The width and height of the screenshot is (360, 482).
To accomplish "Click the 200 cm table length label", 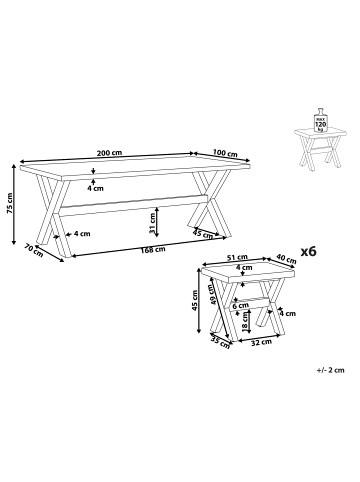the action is tap(109, 153).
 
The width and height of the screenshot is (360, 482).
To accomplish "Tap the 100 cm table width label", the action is tap(225, 153).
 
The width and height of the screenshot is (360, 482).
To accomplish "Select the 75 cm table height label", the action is tap(9, 203).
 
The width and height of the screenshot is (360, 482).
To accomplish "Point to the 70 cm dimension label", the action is tap(34, 250).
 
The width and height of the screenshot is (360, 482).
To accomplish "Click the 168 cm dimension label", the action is tap(152, 249).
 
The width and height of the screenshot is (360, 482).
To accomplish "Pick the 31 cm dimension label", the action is tap(152, 224).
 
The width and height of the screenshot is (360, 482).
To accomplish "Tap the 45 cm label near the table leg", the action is tap(203, 234).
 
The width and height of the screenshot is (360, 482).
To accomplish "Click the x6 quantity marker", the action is tap(308, 251).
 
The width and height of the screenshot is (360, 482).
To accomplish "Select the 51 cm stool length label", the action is tap(237, 257).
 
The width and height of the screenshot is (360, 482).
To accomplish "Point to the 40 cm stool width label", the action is tap(286, 259).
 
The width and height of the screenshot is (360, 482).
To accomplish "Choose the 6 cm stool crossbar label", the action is tap(241, 305).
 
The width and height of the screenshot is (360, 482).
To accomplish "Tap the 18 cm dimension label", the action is tap(245, 322).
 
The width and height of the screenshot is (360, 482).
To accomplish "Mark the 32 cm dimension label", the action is tap(261, 342).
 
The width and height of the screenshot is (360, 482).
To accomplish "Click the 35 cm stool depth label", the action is tap(220, 342).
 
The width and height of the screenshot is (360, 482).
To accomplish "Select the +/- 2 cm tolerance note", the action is tap(331, 370).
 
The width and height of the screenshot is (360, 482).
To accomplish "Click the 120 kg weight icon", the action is tap(321, 120).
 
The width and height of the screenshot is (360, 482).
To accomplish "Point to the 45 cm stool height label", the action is tap(195, 301).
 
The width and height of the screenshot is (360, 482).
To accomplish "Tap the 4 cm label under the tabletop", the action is tap(96, 188).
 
